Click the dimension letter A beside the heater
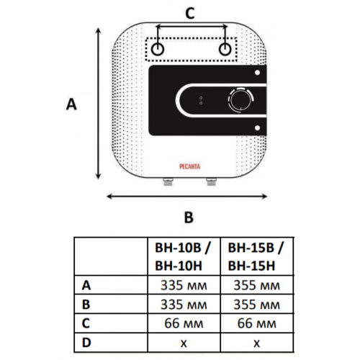click(x=71, y=104)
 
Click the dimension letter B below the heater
click(x=189, y=217)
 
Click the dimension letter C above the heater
click(x=190, y=14)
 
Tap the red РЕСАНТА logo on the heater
click(x=189, y=166)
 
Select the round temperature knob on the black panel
click(x=240, y=100)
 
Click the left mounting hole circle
click(x=158, y=49)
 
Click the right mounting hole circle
click(x=225, y=49)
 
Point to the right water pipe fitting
click(x=212, y=181)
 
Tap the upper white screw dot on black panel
click(x=257, y=73)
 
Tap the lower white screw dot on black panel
click(x=257, y=128)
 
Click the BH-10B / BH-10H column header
click(x=182, y=257)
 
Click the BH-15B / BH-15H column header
click(x=256, y=257)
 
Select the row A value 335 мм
click(x=184, y=286)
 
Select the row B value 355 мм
click(x=256, y=305)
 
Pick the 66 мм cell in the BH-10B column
click(x=184, y=323)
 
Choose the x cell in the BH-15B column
click(x=256, y=343)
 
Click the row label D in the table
click(x=86, y=343)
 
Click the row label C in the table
click(x=86, y=323)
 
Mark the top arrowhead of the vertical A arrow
click(x=98, y=30)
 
